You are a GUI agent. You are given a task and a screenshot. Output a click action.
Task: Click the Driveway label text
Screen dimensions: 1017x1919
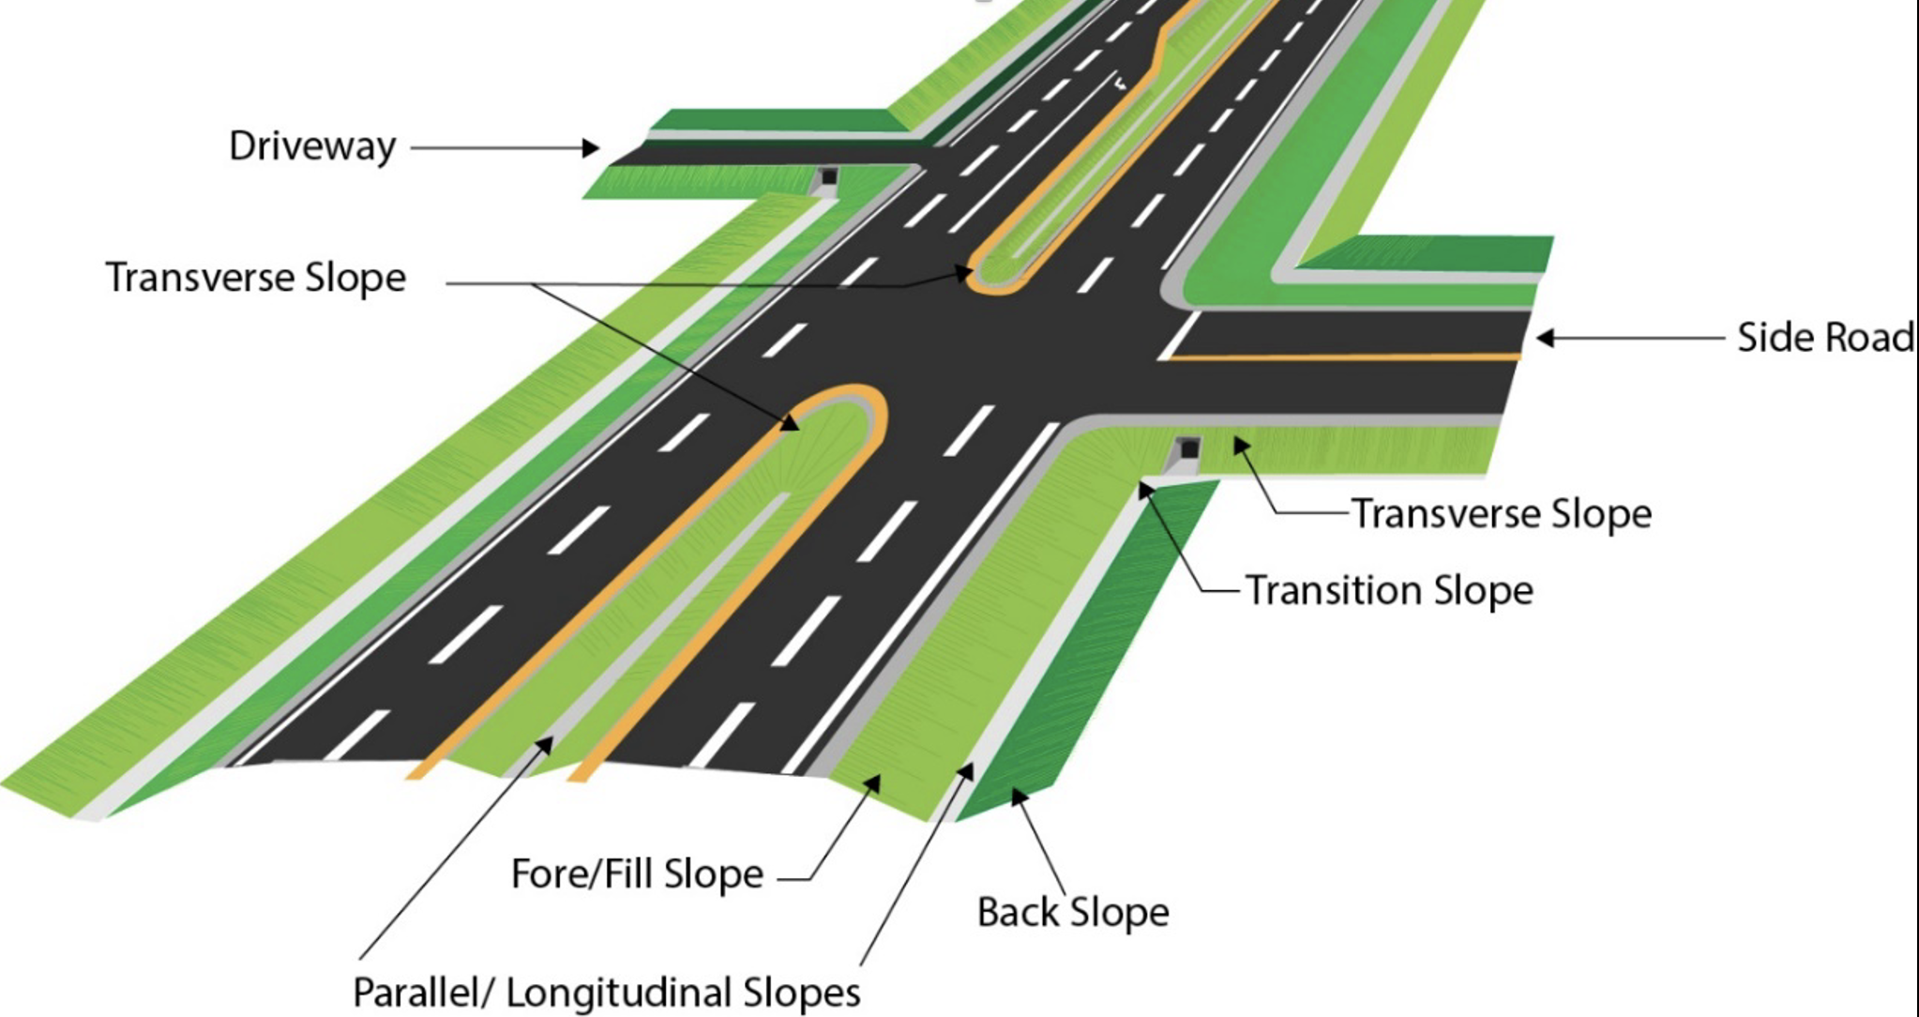[312, 147]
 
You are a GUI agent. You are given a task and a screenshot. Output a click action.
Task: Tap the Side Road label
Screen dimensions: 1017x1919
[1824, 338]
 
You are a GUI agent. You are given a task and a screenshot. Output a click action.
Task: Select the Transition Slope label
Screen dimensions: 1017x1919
[1389, 591]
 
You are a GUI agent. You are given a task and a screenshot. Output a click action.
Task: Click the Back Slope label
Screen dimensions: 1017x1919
[1073, 912]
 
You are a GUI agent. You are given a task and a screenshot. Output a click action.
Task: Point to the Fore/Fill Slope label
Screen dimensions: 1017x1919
[637, 874]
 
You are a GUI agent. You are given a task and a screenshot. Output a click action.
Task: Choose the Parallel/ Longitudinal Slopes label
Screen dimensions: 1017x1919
[606, 993]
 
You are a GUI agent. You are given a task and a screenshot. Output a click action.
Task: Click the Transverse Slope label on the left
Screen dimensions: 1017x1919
[255, 279]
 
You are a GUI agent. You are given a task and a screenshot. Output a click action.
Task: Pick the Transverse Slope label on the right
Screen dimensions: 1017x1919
[1501, 514]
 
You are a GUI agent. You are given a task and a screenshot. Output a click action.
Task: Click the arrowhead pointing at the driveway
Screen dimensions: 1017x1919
[591, 147]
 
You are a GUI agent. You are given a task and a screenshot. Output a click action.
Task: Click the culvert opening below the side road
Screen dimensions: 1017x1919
[1188, 449]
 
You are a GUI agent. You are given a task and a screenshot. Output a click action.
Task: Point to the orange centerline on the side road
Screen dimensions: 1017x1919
[1341, 357]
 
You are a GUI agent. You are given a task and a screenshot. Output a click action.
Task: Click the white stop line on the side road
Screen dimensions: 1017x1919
[1179, 335]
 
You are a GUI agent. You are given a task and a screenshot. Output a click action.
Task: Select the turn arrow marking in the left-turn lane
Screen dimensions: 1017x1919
[1121, 83]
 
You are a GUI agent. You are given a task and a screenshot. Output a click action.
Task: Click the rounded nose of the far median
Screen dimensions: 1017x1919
[994, 278]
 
